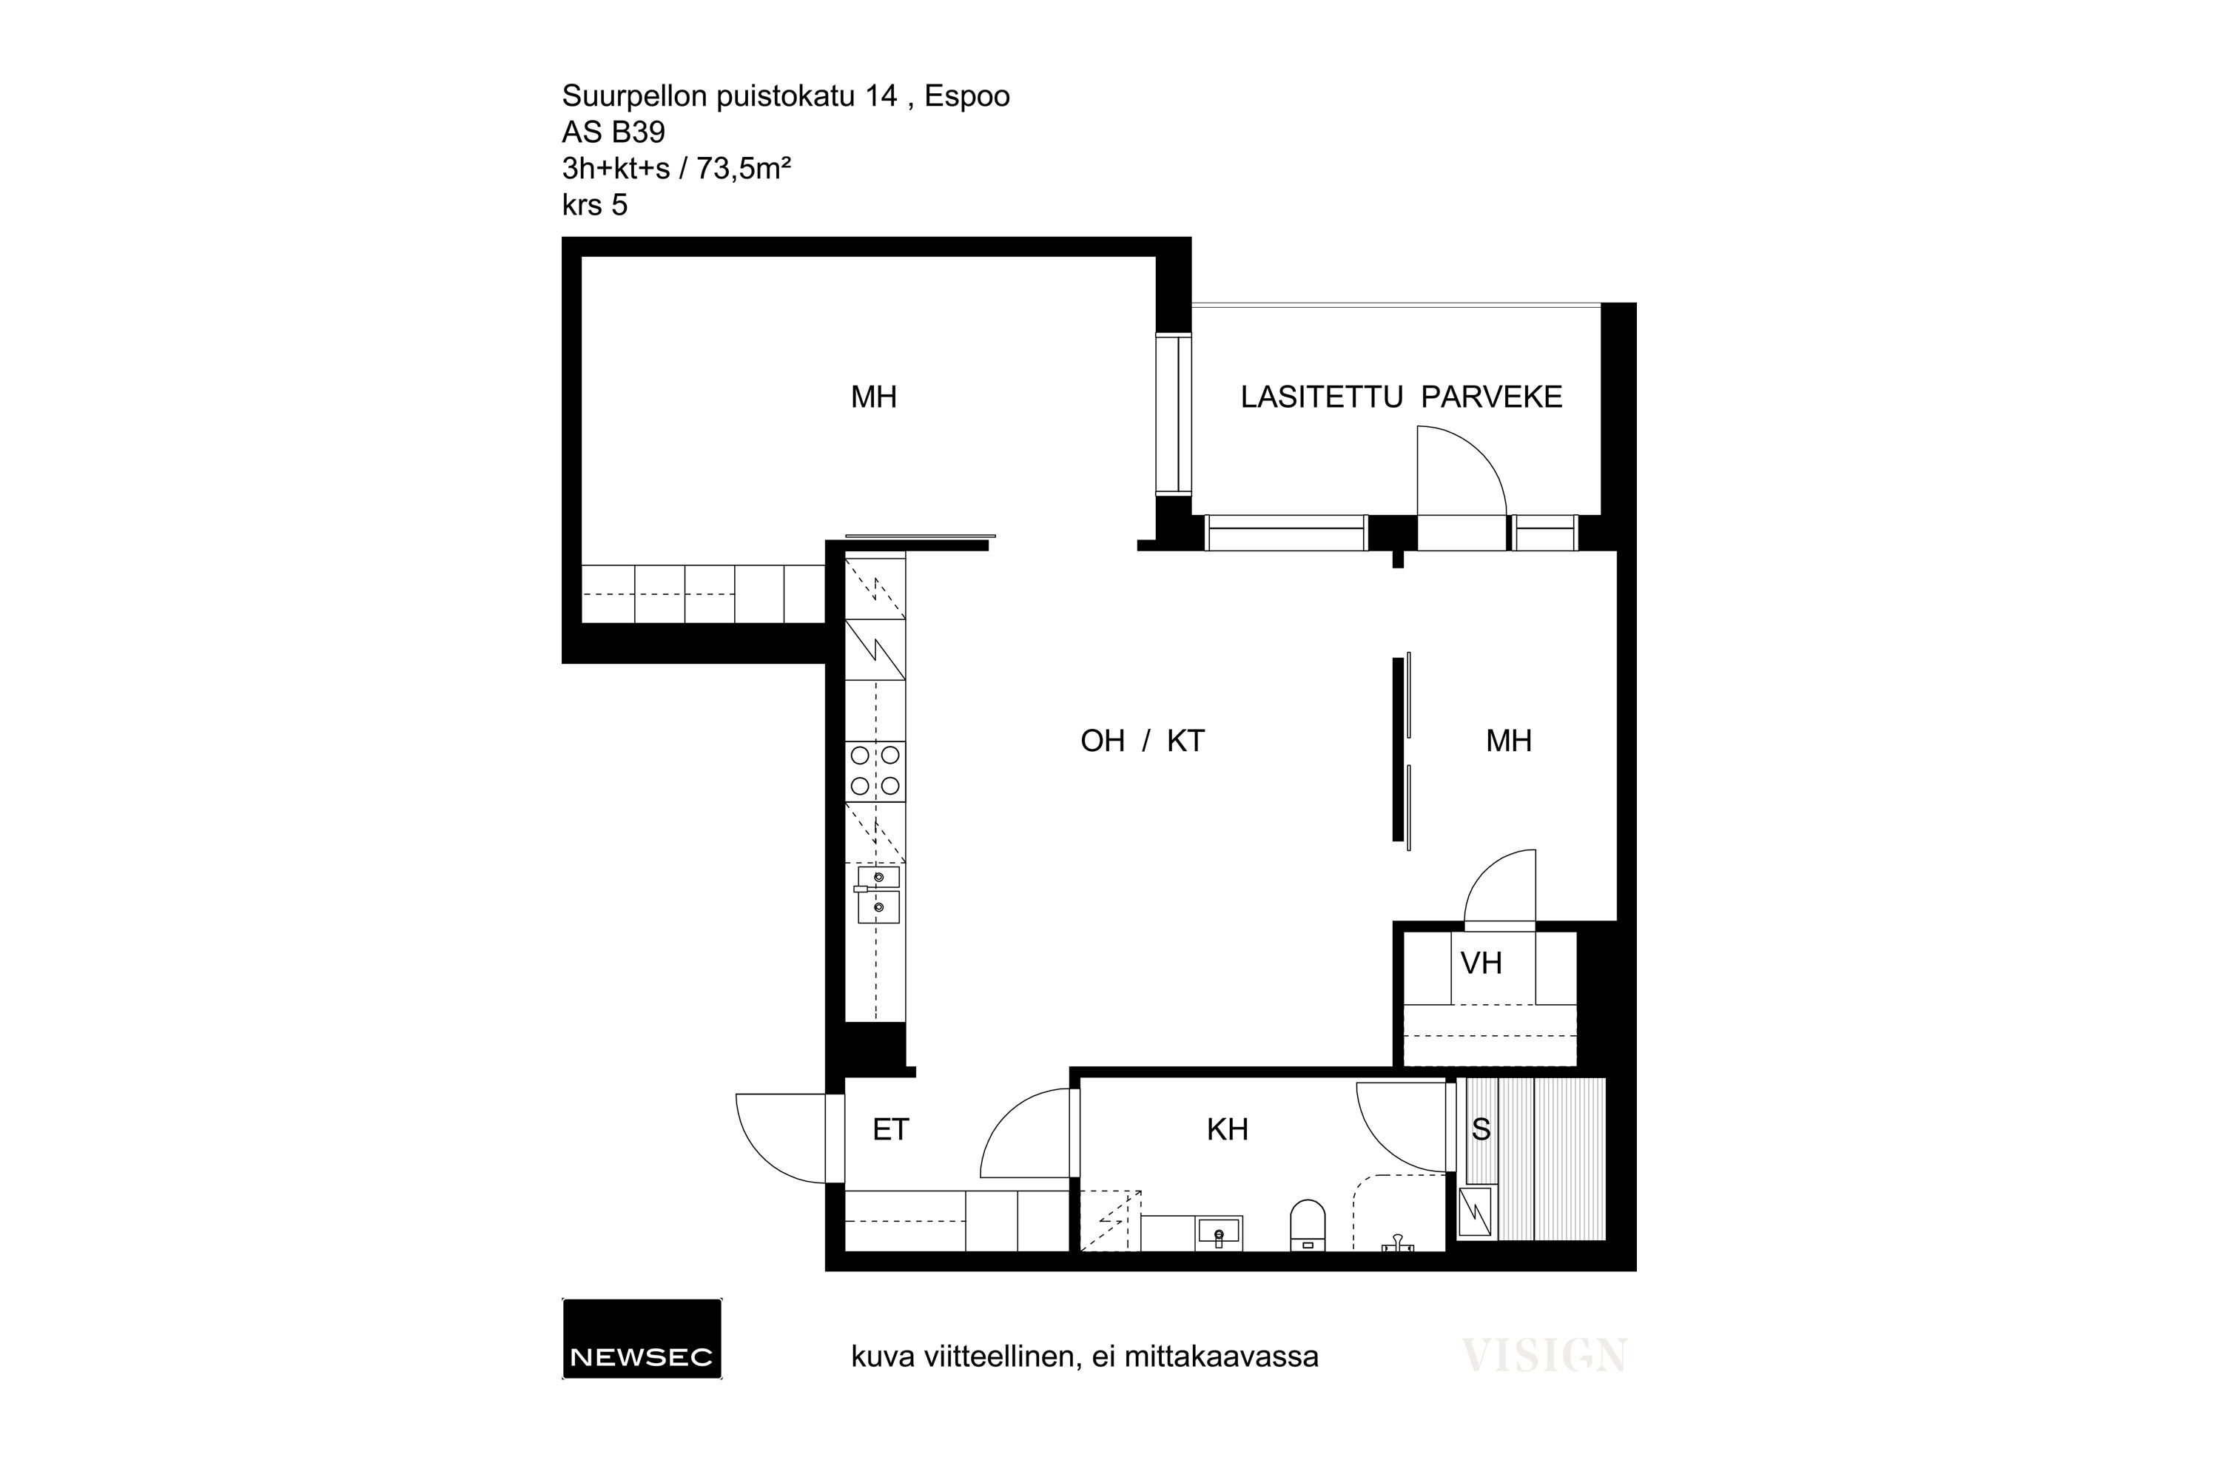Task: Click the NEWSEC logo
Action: (x=642, y=1339)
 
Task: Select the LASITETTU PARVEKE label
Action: (x=1402, y=397)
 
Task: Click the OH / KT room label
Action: (x=1142, y=741)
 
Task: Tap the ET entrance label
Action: (x=890, y=1130)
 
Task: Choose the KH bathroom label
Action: (x=1227, y=1130)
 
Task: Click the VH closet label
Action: (x=1481, y=963)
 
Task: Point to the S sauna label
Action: (x=1481, y=1129)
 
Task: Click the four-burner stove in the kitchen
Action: (x=875, y=771)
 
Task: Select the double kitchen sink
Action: (x=877, y=893)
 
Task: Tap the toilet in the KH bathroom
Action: (x=1308, y=1226)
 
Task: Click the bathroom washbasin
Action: (x=1220, y=1233)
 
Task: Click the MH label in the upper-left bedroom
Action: (x=874, y=397)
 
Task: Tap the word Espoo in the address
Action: (x=967, y=96)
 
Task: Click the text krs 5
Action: (x=595, y=205)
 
